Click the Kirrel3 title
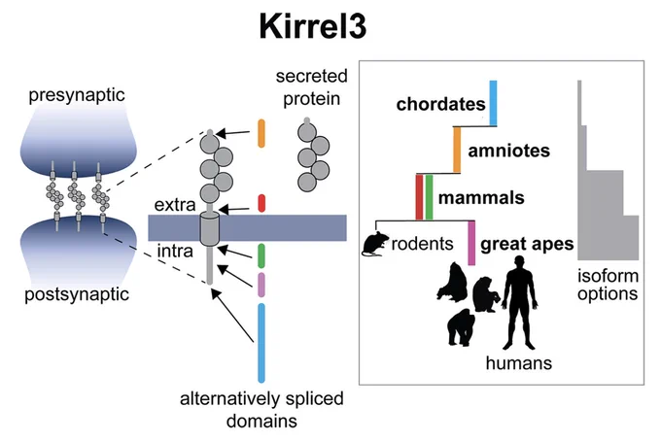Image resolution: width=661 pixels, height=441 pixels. tap(313, 26)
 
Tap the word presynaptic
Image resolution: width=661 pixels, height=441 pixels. tap(77, 95)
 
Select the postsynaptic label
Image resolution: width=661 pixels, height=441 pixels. tap(77, 294)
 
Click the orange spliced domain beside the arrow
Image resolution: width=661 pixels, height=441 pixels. tap(261, 133)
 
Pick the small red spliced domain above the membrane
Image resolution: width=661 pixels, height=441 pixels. tap(261, 203)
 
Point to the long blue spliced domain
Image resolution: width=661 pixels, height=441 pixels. tap(261, 343)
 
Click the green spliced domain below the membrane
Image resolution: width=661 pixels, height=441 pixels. tap(261, 255)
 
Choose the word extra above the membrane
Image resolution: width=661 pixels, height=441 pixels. tap(175, 205)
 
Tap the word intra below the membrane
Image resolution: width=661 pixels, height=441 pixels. tap(175, 251)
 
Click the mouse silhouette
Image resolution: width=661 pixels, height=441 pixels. tap(374, 244)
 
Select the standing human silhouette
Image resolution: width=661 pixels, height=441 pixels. tap(520, 303)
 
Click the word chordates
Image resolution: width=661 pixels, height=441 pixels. tap(441, 104)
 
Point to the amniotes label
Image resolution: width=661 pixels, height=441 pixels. tap(508, 151)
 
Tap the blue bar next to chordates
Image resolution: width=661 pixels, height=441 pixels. tap(493, 103)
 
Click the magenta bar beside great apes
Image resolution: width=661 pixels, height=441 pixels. tap(471, 243)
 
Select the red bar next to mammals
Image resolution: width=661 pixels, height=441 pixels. tap(419, 197)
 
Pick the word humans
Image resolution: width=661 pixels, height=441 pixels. tap(519, 362)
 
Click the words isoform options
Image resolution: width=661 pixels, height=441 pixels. tap(608, 285)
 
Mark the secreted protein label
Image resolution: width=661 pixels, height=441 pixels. tap(311, 87)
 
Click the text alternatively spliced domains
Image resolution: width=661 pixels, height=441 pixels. tap(261, 409)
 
